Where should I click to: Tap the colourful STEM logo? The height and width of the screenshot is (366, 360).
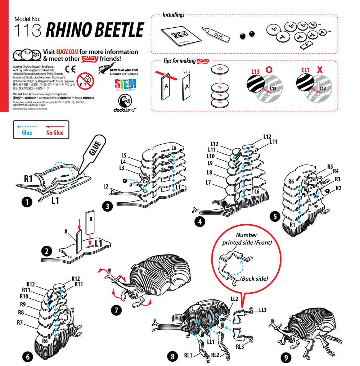tap(125, 85)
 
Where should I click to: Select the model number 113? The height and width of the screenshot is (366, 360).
tap(27, 31)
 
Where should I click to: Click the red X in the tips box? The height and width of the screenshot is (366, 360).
tap(319, 70)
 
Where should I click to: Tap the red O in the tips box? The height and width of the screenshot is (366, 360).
tap(268, 70)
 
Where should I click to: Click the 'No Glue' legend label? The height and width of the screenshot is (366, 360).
tap(55, 133)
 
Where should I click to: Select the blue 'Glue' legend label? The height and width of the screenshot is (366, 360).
tap(27, 133)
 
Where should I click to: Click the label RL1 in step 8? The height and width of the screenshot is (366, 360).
tap(189, 356)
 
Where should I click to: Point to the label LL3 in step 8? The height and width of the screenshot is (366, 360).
tap(262, 310)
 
